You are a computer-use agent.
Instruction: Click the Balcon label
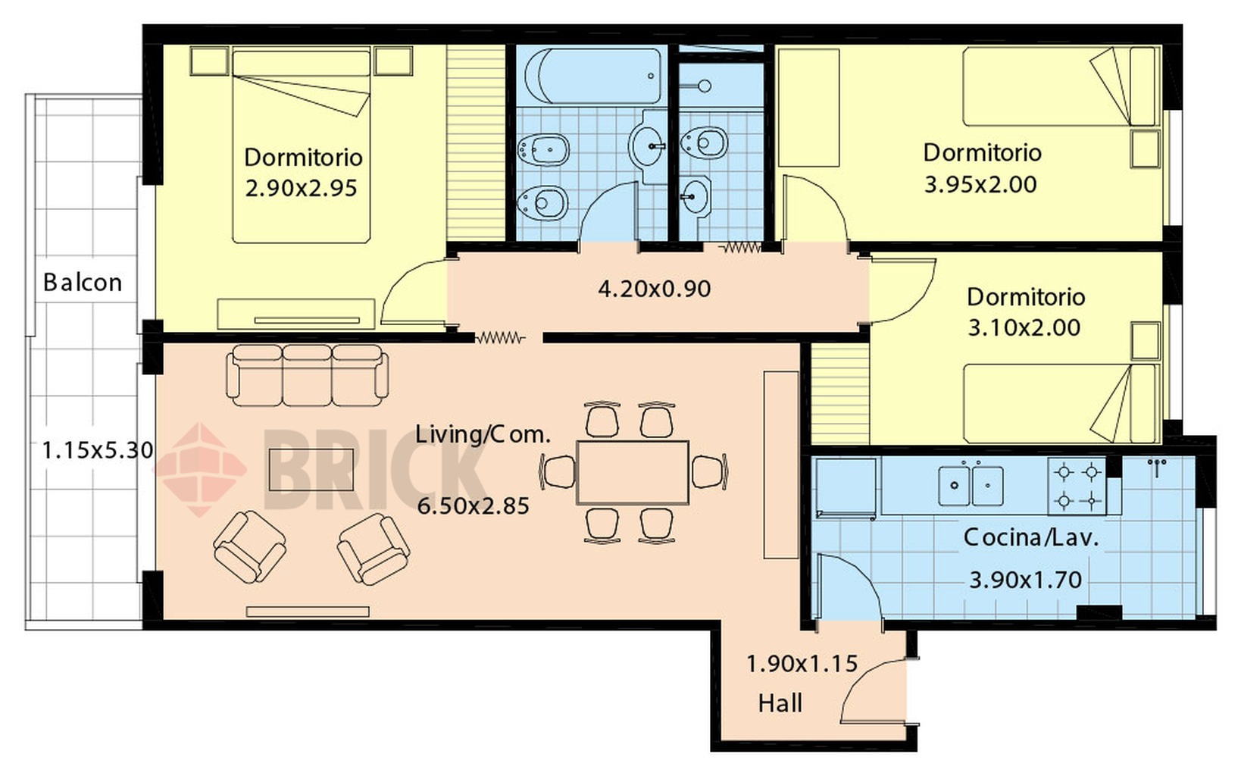[83, 283]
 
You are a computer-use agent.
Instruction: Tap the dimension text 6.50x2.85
[473, 506]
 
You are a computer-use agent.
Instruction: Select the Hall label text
[780, 703]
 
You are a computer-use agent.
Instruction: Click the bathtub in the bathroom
[592, 76]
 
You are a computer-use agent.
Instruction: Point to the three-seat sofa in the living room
[307, 375]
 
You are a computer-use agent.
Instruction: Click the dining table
[633, 473]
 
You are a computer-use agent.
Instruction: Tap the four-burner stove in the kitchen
[1077, 487]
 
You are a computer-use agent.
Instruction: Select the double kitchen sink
[971, 486]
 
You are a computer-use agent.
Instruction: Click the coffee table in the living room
[311, 470]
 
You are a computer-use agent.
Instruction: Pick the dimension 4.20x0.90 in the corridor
[655, 289]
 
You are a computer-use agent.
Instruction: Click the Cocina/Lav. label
[1031, 537]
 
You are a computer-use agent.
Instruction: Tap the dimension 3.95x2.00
[980, 185]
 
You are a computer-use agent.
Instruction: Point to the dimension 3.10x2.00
[1024, 327]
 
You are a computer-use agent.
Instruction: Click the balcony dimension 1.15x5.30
[98, 450]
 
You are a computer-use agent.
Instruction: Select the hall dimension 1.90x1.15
[802, 664]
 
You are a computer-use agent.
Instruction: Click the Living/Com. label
[483, 434]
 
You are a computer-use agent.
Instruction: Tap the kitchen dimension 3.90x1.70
[1026, 580]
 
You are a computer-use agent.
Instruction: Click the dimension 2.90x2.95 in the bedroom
[301, 189]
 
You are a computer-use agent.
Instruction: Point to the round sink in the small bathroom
[696, 196]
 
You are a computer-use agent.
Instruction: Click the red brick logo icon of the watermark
[200, 470]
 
